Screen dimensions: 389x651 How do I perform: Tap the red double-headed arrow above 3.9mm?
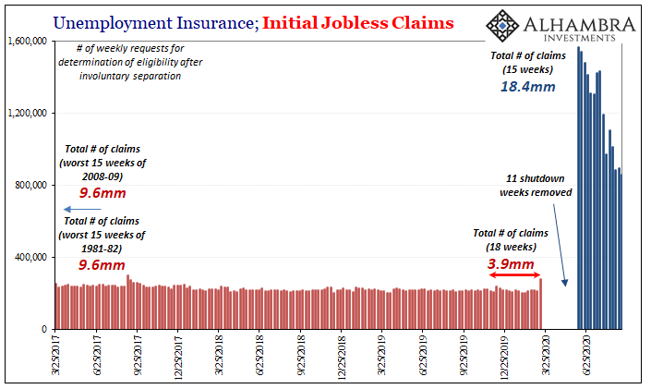(512, 275)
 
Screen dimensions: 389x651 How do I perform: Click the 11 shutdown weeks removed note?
(536, 186)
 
